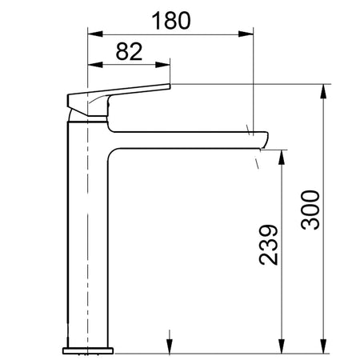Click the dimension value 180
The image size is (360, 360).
pos(174,21)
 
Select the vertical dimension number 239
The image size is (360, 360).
pos(270,242)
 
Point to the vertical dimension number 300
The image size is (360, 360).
pos(313,210)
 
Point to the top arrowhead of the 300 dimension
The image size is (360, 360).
pos(324,90)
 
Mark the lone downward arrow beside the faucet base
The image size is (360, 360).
pos(168,340)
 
